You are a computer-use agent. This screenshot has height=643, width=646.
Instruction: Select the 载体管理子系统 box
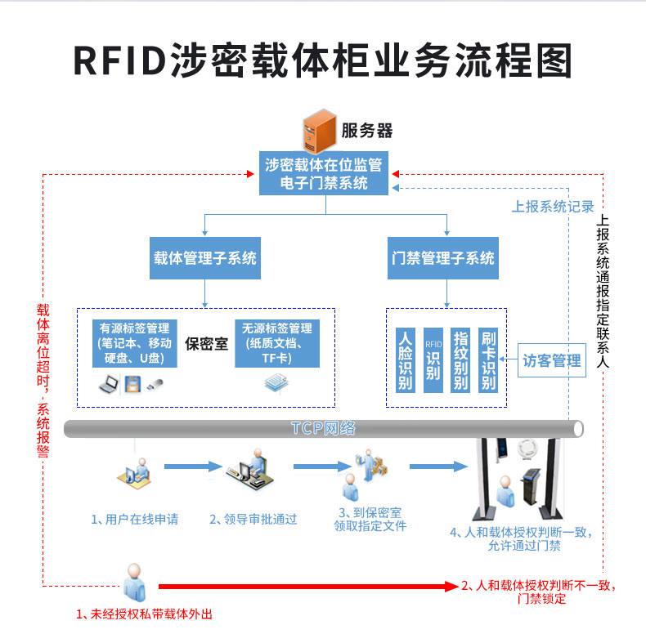click(204, 258)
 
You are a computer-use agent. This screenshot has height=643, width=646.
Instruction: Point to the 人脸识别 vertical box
click(405, 359)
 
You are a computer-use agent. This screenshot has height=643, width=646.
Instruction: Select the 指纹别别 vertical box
click(460, 359)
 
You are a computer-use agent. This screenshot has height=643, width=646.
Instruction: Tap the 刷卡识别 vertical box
click(489, 359)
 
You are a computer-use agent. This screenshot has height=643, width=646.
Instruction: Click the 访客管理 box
click(552, 360)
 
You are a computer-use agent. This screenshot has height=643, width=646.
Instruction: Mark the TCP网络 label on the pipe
click(323, 428)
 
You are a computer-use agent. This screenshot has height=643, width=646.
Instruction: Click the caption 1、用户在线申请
click(134, 518)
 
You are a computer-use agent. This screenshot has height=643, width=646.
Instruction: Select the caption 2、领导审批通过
click(253, 518)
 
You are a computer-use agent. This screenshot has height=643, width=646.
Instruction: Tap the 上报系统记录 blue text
click(553, 207)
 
